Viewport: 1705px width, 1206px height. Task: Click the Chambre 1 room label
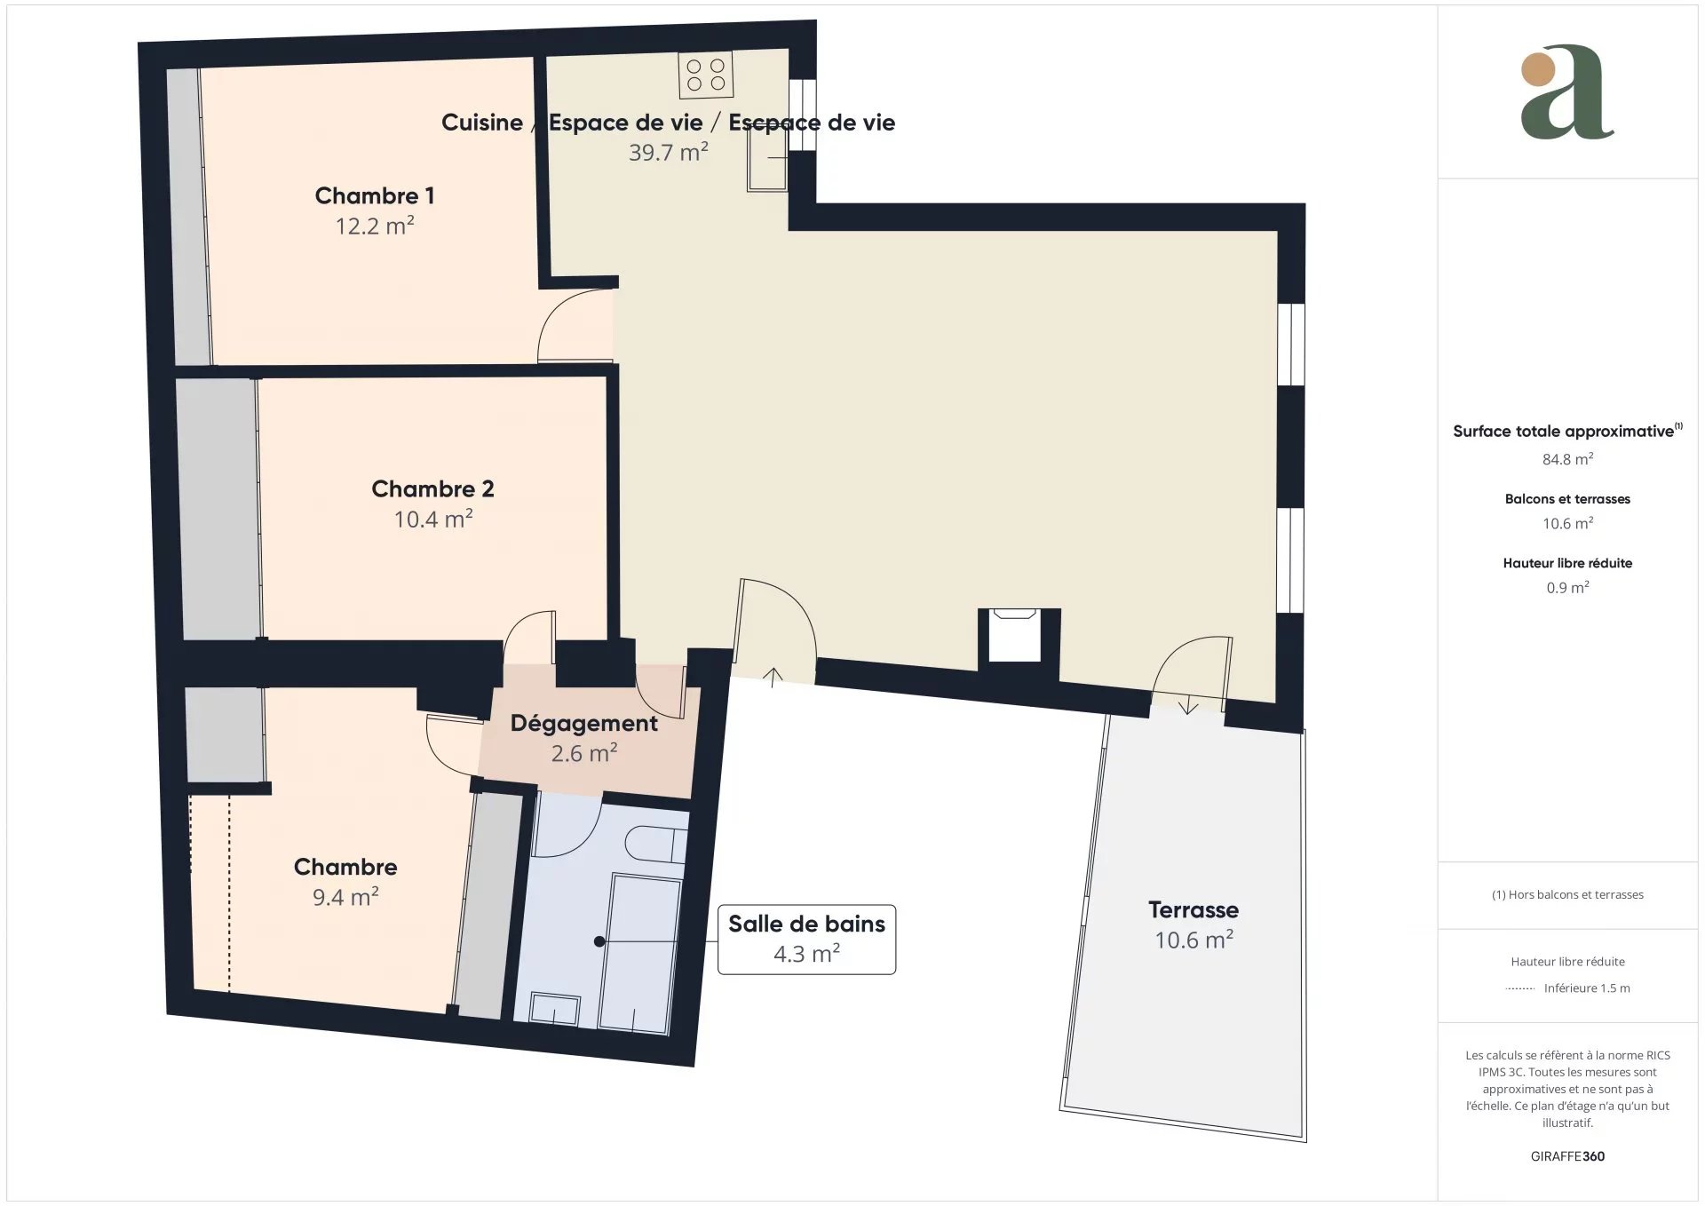(x=375, y=195)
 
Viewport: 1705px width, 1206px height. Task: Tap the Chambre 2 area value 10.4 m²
(x=433, y=519)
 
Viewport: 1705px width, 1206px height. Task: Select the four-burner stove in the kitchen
(x=706, y=75)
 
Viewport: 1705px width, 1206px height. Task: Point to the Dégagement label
(x=583, y=724)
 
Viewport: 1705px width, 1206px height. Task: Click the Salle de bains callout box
(x=806, y=939)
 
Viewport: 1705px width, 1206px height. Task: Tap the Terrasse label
(x=1193, y=909)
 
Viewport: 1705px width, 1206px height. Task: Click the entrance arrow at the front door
(x=773, y=677)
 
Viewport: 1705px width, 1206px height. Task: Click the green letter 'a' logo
(x=1566, y=92)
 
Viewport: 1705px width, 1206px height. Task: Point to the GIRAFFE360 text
(x=1567, y=1156)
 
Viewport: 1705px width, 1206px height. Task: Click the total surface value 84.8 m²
(x=1567, y=459)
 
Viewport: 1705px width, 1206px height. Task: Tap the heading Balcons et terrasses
(x=1567, y=499)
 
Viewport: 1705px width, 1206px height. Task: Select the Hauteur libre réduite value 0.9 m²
(x=1567, y=587)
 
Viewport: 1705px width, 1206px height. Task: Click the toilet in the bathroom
(x=656, y=844)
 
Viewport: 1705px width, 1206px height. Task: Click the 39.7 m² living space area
(x=668, y=152)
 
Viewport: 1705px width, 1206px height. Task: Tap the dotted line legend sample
(x=1520, y=988)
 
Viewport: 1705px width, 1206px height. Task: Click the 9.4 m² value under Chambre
(x=345, y=897)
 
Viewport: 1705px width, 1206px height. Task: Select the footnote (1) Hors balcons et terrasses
(x=1567, y=894)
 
